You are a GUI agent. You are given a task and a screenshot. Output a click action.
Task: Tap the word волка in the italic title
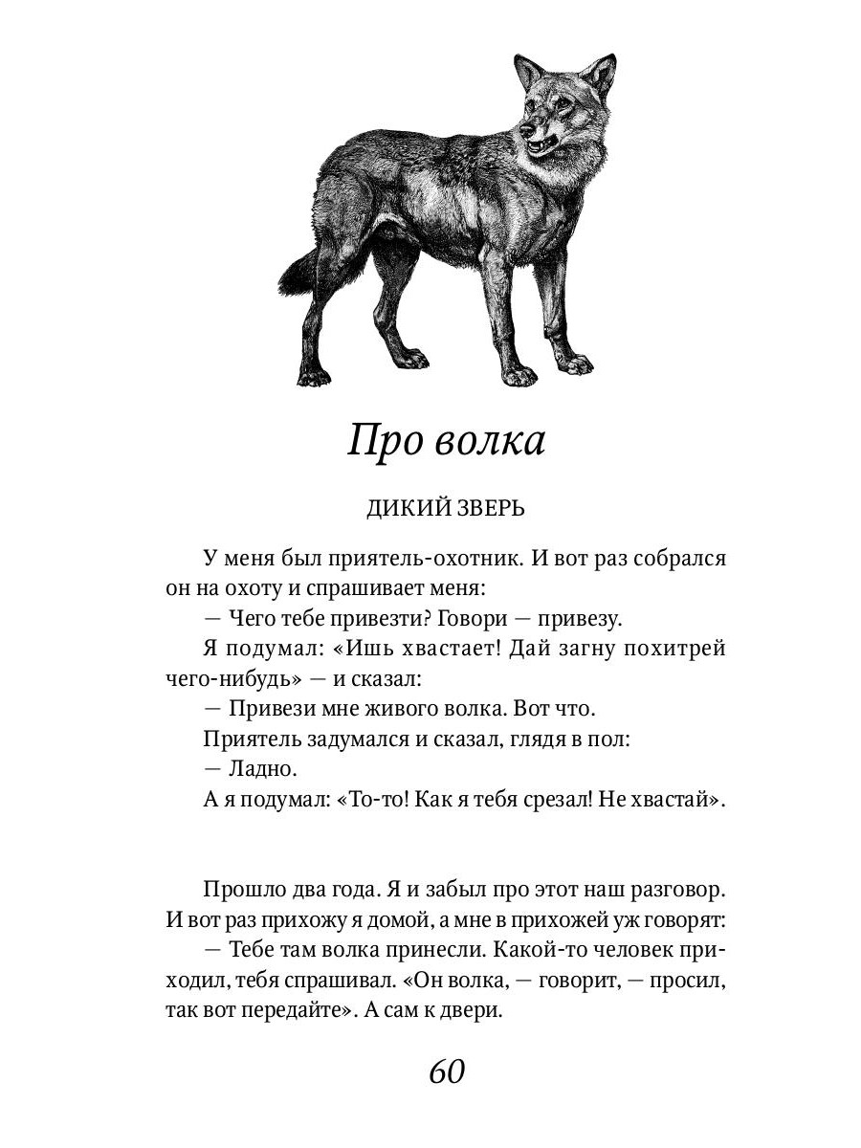point(490,443)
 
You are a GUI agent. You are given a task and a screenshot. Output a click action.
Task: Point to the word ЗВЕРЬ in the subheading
point(490,508)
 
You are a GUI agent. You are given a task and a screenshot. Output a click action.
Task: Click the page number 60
point(446,1071)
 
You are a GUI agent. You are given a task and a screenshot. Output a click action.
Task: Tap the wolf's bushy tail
point(298,274)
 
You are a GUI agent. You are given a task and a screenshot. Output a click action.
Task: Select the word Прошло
point(241,889)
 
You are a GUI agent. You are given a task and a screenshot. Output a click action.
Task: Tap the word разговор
point(677,889)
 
